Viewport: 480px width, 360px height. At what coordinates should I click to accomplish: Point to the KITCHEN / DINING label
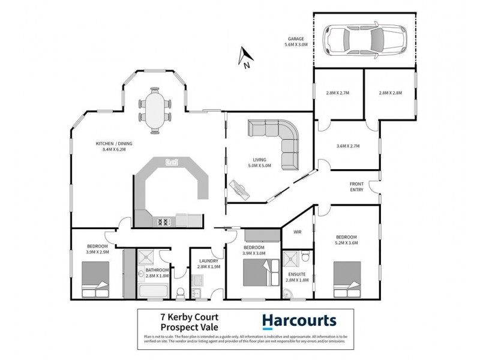114,147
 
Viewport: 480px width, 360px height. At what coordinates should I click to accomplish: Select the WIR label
297,232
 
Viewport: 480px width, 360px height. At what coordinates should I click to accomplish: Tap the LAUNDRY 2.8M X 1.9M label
209,265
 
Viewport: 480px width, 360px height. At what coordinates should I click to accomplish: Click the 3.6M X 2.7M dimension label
348,145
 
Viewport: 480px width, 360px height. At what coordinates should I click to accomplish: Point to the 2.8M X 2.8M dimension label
391,93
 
